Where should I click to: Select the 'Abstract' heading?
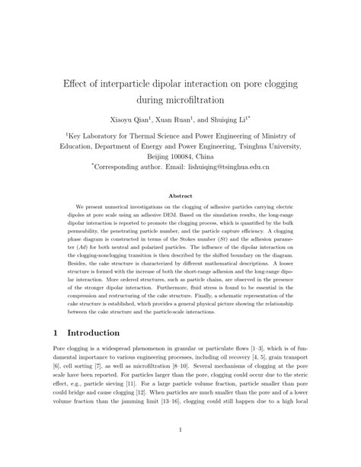(x=180, y=197)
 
